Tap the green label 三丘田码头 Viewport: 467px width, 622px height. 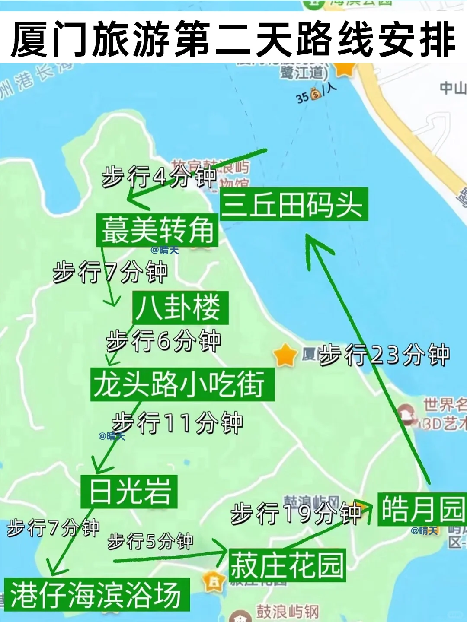294,204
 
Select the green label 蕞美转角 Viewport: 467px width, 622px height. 157,230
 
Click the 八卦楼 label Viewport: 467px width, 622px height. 180,308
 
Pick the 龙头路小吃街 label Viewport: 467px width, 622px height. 182,384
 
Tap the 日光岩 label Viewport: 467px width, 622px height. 129,491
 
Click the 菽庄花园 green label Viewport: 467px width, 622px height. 287,565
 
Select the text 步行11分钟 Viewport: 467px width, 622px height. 177,422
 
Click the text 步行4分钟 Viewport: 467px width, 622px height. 159,177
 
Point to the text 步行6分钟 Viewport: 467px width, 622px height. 163,341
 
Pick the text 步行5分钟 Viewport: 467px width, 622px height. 150,541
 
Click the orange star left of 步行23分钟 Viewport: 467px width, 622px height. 285,355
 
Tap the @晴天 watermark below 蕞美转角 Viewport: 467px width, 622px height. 165,250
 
